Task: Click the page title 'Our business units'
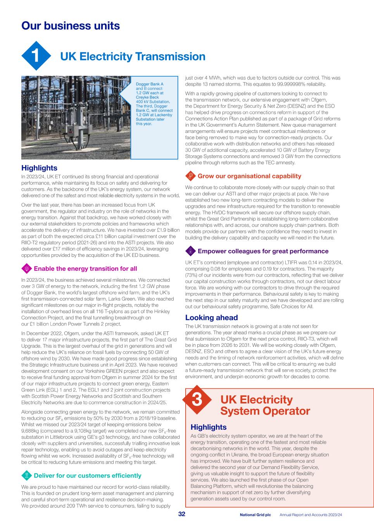point(71,26)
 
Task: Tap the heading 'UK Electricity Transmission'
point(133,57)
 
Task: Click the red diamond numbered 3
point(196,400)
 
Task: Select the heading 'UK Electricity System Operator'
point(265,405)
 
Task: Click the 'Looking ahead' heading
point(211,318)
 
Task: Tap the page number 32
point(181,514)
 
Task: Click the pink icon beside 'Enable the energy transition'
point(27,269)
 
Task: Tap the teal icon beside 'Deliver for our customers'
point(27,476)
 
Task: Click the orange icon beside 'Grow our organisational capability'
point(190,176)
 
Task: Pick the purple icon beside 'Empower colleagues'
point(190,251)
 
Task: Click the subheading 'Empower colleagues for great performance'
point(263,251)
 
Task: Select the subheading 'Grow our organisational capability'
point(249,176)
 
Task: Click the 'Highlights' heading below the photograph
point(39,168)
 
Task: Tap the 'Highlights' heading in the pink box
point(209,427)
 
